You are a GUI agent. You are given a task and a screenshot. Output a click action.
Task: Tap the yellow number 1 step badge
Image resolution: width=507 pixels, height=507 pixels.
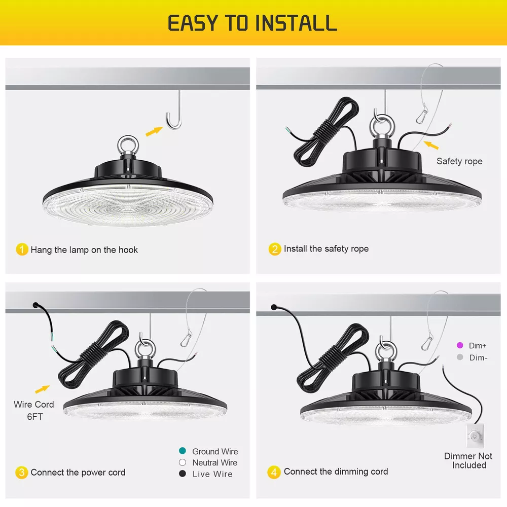click(22, 249)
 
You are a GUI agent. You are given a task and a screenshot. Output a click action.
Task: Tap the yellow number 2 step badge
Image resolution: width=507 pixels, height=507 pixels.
click(275, 249)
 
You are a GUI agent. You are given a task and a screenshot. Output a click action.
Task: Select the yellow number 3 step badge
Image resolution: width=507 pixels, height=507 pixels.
click(22, 473)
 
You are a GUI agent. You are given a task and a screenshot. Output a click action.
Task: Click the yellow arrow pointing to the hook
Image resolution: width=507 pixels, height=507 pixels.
click(154, 131)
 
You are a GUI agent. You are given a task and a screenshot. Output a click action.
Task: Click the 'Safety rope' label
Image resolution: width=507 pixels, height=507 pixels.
click(459, 161)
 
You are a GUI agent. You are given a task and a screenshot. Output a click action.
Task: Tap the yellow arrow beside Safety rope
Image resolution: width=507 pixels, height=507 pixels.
click(431, 145)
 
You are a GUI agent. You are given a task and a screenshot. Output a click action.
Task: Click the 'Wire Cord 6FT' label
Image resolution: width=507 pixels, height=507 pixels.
click(34, 410)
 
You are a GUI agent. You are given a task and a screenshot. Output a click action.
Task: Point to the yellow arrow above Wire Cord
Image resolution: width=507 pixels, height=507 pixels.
click(42, 389)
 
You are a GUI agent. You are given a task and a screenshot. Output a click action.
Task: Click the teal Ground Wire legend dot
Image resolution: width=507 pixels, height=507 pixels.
click(183, 451)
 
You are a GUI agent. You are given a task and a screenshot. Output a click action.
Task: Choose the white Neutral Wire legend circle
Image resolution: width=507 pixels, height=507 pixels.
click(183, 462)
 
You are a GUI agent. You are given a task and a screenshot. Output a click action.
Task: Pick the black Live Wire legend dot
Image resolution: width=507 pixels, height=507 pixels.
click(183, 474)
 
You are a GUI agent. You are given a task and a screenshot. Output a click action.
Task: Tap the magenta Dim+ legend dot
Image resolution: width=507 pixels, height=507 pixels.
click(460, 345)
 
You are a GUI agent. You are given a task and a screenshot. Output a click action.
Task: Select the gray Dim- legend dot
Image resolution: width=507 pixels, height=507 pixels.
click(460, 357)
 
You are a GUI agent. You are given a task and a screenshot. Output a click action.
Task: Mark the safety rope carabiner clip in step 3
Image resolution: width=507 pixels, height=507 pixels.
click(186, 340)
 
